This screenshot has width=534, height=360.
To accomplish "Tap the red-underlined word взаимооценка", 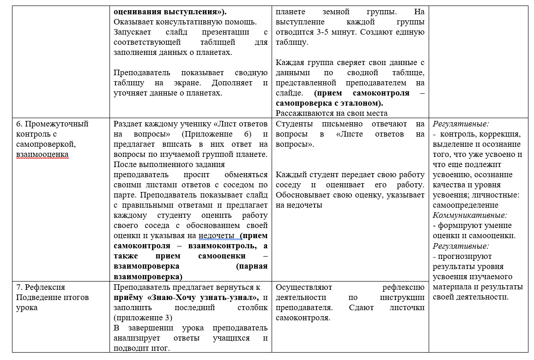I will coord(42,154).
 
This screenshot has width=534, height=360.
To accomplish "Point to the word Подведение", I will coord(38,297).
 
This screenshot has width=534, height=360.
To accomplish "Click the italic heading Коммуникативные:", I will coord(470,215).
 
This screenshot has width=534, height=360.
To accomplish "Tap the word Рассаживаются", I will coord(303,113).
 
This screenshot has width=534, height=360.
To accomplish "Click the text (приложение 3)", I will coord(143,318).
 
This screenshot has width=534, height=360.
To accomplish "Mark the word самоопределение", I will coord(465,205).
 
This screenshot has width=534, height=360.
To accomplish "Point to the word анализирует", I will coord(139,338).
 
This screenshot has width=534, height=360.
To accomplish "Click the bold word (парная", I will coord(251,266).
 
